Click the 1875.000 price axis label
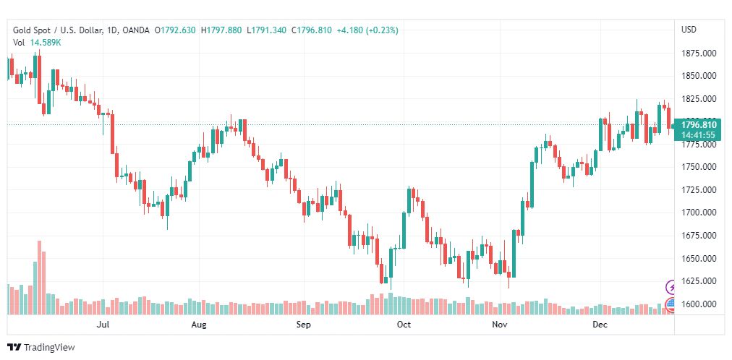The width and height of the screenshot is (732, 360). tap(699, 53)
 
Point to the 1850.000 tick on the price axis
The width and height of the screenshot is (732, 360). tap(699, 76)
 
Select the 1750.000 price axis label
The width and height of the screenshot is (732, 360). tap(699, 167)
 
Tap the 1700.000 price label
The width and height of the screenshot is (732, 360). tap(699, 213)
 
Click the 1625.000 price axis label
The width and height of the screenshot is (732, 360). tap(699, 281)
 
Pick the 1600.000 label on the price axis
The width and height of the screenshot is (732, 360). tap(699, 304)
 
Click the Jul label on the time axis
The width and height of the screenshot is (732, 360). tap(103, 325)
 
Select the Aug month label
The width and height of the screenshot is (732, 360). tap(200, 325)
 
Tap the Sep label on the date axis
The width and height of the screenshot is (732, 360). tap(304, 325)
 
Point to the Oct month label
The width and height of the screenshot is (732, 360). tap(404, 325)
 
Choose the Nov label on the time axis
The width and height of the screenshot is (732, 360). tap(499, 325)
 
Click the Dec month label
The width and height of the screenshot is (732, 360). tap(599, 325)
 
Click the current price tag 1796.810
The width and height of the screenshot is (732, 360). tap(699, 125)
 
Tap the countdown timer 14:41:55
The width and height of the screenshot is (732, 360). tap(699, 135)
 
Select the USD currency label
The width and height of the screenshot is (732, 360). tap(689, 30)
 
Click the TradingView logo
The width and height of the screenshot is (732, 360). tap(41, 348)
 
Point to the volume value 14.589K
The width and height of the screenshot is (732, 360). tap(46, 42)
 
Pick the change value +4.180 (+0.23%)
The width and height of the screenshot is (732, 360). tap(367, 30)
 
